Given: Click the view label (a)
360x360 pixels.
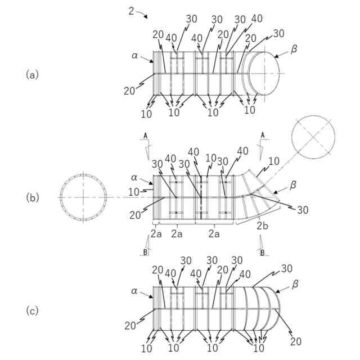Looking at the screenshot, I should click(x=32, y=74).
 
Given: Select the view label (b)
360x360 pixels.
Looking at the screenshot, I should click(x=32, y=197).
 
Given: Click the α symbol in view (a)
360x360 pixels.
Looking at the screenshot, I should click(x=134, y=56).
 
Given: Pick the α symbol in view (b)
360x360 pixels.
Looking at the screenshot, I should click(x=134, y=178).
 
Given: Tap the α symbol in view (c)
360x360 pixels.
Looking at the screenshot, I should click(x=134, y=291).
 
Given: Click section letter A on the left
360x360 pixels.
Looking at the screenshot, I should click(x=145, y=136).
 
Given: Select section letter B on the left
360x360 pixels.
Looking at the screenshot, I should click(x=145, y=252).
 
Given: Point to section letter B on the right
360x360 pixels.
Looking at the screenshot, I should click(x=262, y=253).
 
